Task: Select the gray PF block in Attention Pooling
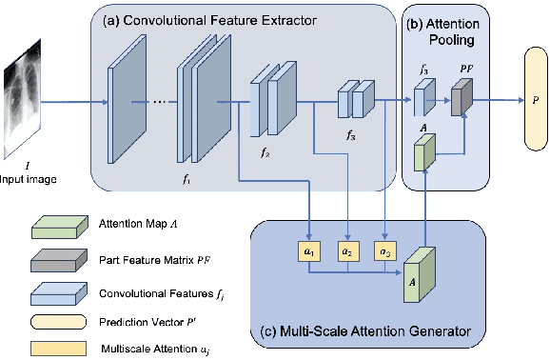[x=462, y=98]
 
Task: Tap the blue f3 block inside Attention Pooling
[x=423, y=98]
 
